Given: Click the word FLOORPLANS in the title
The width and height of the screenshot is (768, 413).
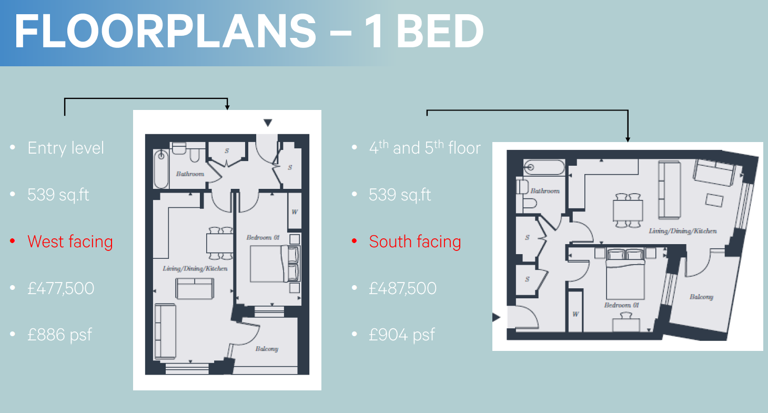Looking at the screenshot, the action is click(x=165, y=31).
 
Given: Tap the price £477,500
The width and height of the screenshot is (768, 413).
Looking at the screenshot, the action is click(x=60, y=288).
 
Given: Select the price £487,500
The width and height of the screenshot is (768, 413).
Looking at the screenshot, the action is click(x=402, y=288).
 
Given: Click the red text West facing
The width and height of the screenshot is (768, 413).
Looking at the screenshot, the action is click(x=70, y=242).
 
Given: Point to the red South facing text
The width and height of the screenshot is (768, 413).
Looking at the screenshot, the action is click(x=415, y=242).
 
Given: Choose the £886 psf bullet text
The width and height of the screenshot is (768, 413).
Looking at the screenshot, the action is click(x=59, y=335).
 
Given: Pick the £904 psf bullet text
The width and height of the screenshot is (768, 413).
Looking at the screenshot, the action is click(x=402, y=335).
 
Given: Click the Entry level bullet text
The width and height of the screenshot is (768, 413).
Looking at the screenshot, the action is click(x=65, y=148).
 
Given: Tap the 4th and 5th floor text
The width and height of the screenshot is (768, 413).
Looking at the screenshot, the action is click(x=425, y=147).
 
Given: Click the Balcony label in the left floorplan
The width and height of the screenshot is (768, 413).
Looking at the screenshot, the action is click(x=267, y=349).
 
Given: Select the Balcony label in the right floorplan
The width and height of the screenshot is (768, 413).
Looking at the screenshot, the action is click(x=702, y=297).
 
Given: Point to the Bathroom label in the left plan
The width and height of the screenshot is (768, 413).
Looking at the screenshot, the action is click(x=190, y=174).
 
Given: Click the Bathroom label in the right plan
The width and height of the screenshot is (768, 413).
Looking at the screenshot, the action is click(x=545, y=191).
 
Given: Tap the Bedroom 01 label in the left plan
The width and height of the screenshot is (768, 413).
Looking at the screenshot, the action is click(x=263, y=237).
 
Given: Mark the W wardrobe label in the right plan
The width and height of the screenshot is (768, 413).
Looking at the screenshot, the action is click(x=575, y=314).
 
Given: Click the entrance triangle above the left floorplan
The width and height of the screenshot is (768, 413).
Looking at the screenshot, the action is click(x=268, y=123).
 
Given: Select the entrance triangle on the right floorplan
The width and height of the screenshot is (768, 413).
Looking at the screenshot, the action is click(x=496, y=317).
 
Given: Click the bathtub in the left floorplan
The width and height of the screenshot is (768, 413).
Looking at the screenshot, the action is click(x=161, y=169).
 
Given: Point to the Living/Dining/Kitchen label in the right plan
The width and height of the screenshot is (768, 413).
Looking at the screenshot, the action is click(x=683, y=231).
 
